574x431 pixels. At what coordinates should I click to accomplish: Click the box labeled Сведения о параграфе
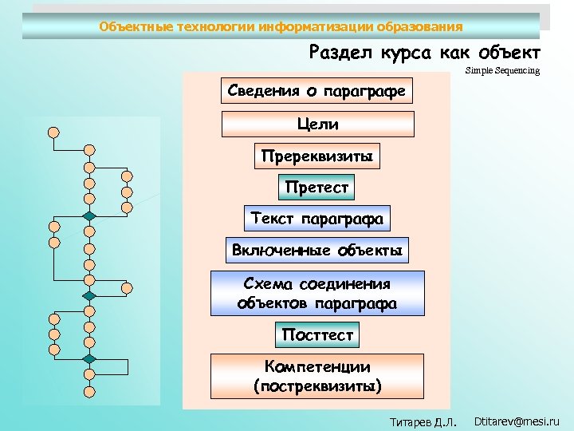click(316, 91)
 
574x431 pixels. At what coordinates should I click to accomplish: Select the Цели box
click(317, 124)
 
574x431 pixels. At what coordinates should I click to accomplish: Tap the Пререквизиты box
click(316, 156)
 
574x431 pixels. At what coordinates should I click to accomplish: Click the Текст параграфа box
click(316, 218)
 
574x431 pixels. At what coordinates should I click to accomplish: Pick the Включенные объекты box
click(316, 251)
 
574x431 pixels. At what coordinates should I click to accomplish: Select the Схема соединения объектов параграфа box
click(316, 293)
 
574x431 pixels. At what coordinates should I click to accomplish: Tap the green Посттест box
click(317, 335)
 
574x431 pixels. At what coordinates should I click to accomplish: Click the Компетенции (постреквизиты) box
click(316, 377)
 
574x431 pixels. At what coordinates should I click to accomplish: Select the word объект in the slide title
click(509, 53)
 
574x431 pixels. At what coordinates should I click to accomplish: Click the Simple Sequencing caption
click(502, 71)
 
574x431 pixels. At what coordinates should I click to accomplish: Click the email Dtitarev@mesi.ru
click(517, 421)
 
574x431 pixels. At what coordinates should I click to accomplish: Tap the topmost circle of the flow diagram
click(53, 132)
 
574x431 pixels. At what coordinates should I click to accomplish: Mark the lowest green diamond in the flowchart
click(89, 360)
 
